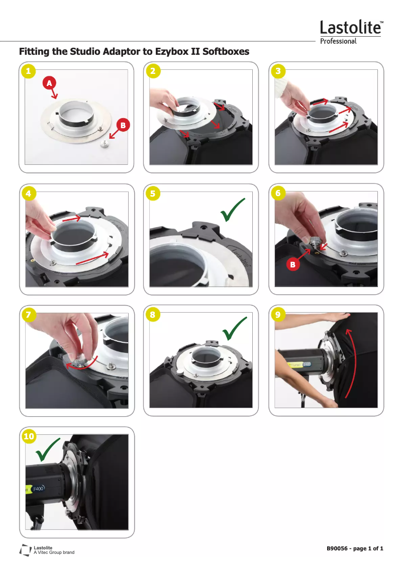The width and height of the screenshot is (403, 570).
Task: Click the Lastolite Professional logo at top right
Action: point(351,32)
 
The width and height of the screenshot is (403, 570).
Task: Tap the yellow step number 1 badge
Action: point(28,71)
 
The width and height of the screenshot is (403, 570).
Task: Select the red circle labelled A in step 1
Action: point(49,83)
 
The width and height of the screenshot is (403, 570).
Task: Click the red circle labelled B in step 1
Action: point(123,125)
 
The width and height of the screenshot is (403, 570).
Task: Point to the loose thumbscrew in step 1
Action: point(106,144)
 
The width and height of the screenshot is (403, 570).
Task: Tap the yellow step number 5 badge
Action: point(153,194)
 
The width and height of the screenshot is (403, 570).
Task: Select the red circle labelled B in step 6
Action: point(293,264)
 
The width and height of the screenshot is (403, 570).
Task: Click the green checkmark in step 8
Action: point(234,328)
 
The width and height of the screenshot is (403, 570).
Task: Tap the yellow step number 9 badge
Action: point(278,315)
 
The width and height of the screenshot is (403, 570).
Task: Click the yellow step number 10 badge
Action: point(29,436)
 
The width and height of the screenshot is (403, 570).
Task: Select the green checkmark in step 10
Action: point(48,450)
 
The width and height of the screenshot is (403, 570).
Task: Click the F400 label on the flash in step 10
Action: point(38,489)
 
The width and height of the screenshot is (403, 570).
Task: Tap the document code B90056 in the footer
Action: point(337,548)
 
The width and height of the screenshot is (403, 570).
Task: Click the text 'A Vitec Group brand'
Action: point(54,552)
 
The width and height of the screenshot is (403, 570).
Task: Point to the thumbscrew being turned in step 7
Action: point(79,361)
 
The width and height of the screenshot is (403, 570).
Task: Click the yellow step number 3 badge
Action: point(278,71)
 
